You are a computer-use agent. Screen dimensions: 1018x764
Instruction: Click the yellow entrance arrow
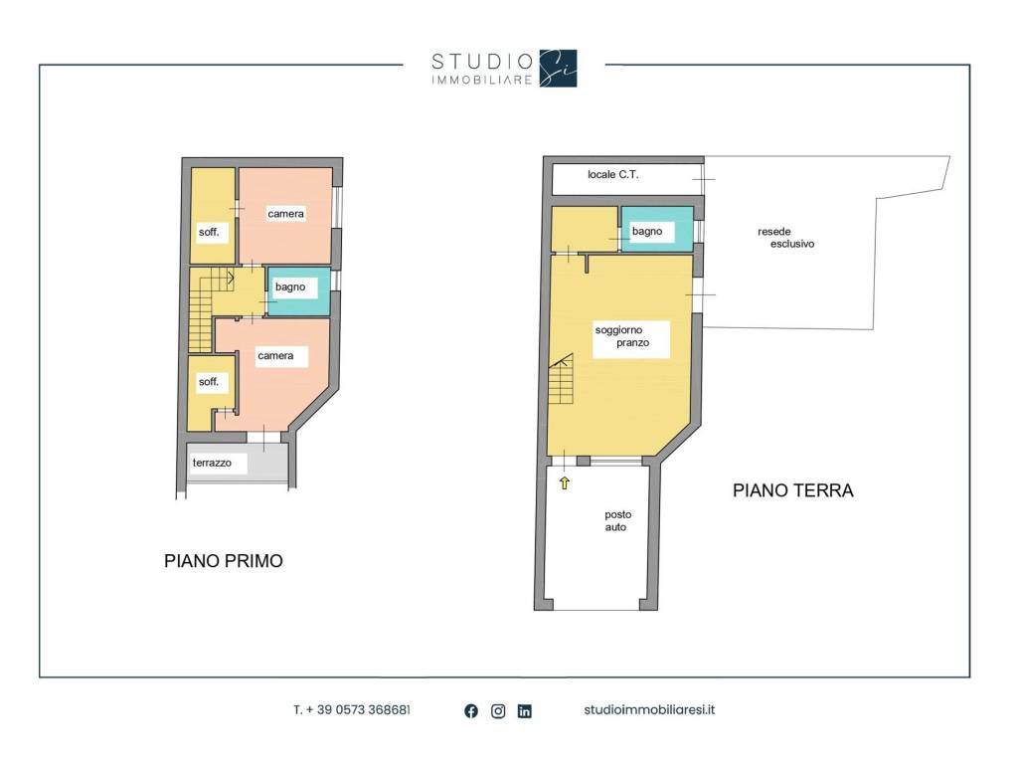click(565, 482)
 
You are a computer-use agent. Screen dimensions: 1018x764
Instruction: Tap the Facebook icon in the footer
click(471, 711)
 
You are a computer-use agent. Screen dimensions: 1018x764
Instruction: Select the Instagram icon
click(498, 711)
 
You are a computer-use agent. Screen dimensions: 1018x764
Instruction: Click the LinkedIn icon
click(525, 711)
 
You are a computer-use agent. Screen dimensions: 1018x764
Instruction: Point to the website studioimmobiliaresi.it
click(649, 710)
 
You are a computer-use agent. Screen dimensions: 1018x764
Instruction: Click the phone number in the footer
click(352, 710)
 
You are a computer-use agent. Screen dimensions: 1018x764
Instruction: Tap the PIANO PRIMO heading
click(224, 561)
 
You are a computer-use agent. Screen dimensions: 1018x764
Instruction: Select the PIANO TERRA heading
click(792, 490)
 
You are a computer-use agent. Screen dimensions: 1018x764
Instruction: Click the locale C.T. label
click(612, 175)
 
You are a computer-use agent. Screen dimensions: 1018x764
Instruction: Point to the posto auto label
click(617, 521)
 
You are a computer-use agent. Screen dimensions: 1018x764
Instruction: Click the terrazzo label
click(212, 463)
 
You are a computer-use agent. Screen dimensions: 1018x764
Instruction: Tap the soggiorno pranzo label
click(622, 336)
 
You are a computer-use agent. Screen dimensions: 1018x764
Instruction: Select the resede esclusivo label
click(785, 238)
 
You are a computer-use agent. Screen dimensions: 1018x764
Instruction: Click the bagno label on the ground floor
click(647, 231)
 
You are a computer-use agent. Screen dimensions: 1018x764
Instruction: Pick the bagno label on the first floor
click(290, 287)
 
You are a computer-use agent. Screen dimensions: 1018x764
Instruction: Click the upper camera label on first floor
click(285, 214)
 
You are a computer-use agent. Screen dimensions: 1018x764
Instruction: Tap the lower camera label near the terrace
click(275, 356)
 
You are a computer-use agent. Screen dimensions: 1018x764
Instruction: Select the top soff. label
click(209, 232)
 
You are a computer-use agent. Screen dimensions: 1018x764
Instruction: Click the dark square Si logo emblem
click(558, 69)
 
